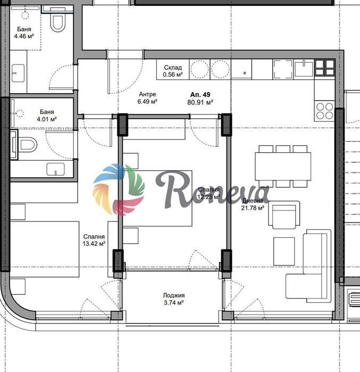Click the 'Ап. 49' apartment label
(200, 95)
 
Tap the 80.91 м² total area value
(200, 103)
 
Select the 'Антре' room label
(147, 94)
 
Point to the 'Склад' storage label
(173, 68)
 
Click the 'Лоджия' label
(174, 295)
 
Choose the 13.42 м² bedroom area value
(94, 244)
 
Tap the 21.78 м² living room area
(253, 208)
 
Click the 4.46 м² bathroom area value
(24, 36)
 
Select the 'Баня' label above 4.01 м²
(47, 112)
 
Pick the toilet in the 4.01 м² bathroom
(27, 144)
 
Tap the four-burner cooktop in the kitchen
(324, 111)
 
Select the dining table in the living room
(283, 167)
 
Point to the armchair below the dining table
(284, 215)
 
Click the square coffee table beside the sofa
(284, 251)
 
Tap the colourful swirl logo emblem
(119, 189)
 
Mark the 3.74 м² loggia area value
(174, 303)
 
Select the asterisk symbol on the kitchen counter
(245, 73)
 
